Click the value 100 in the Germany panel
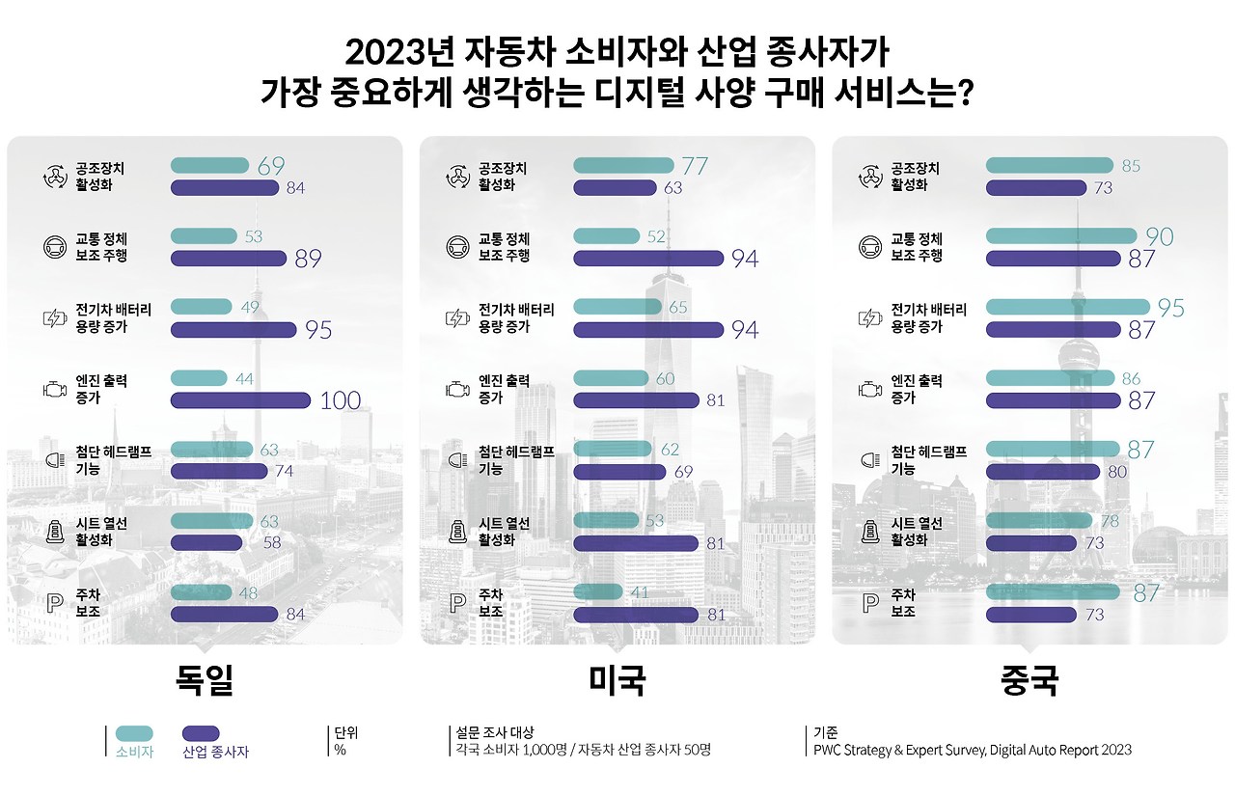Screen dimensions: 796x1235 (340, 400)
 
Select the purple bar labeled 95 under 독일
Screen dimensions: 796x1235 (233, 330)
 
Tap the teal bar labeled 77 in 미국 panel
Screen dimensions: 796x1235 (622, 165)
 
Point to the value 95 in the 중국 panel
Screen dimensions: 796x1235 (1170, 308)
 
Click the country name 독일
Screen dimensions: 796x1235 (205, 680)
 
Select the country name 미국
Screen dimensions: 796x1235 (617, 680)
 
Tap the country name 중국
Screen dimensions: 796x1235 (1030, 680)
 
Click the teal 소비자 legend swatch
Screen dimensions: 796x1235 (134, 733)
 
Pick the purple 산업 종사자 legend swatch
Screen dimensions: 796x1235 (201, 733)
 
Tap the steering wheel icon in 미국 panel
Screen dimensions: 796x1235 (456, 247)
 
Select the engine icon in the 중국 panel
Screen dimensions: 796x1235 (869, 390)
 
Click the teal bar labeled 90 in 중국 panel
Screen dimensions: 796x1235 (1060, 235)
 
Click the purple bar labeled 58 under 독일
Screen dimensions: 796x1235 (206, 543)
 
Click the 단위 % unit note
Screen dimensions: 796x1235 (340, 741)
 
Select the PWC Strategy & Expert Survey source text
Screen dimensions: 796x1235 (973, 750)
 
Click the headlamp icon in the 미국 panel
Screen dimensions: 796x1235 (456, 461)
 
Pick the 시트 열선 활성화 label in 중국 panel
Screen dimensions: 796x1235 (917, 532)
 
